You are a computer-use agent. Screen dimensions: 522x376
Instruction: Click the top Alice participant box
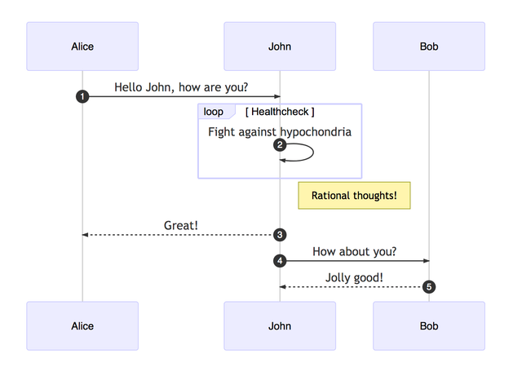(82, 46)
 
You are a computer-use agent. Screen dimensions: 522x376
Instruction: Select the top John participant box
(280, 46)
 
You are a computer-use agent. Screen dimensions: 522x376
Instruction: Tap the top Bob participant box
(429, 46)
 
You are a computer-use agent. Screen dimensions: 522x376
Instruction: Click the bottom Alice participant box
(82, 325)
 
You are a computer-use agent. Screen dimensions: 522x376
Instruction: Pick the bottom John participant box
(280, 325)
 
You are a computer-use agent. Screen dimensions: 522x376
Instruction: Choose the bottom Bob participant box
(429, 325)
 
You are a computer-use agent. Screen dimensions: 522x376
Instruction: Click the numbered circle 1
(82, 96)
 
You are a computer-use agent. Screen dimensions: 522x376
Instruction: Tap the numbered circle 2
(280, 145)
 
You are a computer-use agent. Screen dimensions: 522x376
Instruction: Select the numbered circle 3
(280, 235)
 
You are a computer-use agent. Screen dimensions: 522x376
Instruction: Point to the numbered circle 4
(280, 261)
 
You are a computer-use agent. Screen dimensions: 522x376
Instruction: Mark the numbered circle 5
(429, 287)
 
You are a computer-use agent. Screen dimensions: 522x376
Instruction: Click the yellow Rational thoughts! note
(354, 196)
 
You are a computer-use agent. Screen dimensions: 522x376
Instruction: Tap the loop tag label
(214, 112)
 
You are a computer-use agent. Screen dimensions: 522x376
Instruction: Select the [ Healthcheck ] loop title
(280, 112)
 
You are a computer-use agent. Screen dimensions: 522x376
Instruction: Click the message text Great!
(181, 225)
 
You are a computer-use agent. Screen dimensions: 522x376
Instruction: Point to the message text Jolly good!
(354, 277)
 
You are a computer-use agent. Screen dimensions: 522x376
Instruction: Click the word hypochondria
(316, 132)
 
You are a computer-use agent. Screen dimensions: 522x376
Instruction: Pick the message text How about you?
(354, 251)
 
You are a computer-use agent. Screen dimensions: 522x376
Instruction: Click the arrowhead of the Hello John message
(277, 96)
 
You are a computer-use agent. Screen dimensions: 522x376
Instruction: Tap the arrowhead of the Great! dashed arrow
(85, 235)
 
